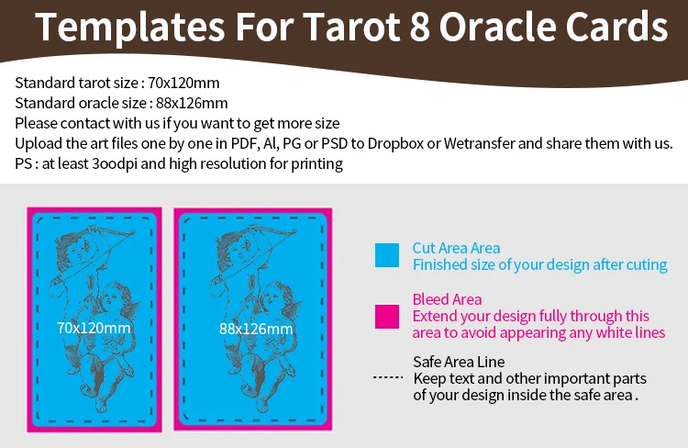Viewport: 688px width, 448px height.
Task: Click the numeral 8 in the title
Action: pos(420,27)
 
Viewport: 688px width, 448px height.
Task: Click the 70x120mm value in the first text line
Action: pos(183,83)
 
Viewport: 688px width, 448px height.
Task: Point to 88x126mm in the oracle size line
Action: pos(192,103)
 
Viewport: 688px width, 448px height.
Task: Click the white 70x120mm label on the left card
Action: pos(94,328)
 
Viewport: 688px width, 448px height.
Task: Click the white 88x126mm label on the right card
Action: pos(256,329)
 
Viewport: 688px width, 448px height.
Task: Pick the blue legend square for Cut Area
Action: pos(387,255)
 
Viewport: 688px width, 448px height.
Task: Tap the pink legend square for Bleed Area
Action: pos(387,317)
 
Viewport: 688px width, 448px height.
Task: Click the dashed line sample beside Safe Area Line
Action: pos(388,377)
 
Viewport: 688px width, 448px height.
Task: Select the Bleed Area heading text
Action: pos(447,299)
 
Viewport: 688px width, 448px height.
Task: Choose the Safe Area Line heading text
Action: pos(459,362)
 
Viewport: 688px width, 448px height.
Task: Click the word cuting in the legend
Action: pos(647,264)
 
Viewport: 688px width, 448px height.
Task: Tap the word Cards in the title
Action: pos(616,27)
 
